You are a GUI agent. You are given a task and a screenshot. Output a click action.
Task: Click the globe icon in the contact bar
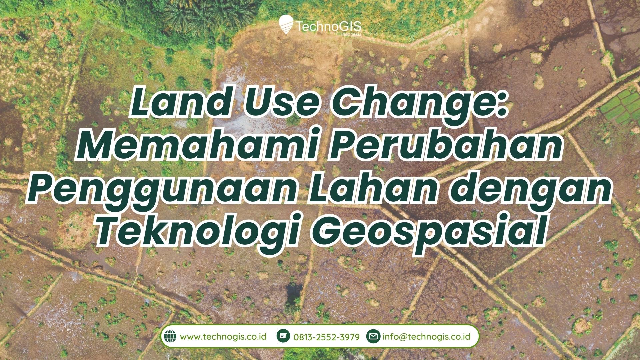pyautogui.click(x=170, y=336)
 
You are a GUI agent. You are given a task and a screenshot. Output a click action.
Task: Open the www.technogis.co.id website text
pyautogui.click(x=223, y=336)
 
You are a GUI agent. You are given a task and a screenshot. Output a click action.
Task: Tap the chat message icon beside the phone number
pyautogui.click(x=284, y=336)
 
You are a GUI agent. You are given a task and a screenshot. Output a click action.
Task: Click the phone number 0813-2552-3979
pyautogui.click(x=327, y=337)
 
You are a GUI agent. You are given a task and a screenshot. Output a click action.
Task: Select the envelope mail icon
pyautogui.click(x=374, y=336)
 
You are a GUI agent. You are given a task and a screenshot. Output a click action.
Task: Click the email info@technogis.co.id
pyautogui.click(x=426, y=336)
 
